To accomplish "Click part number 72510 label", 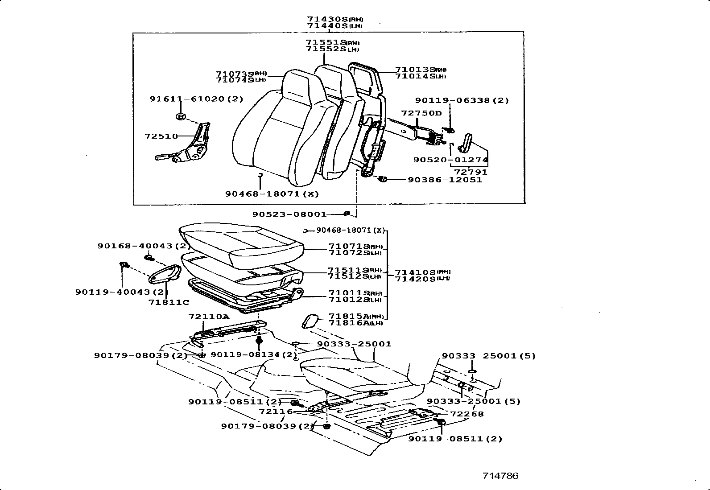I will (x=161, y=136).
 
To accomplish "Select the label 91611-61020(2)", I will (x=196, y=99).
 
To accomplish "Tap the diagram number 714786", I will (x=500, y=476).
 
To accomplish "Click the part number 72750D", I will (x=421, y=113).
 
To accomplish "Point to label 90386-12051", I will (x=445, y=180).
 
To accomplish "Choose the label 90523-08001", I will (x=289, y=214).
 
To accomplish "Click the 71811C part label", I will (x=169, y=302).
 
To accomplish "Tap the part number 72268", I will (x=466, y=414).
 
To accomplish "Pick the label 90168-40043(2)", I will (x=144, y=246).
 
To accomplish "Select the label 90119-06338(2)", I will (x=462, y=101).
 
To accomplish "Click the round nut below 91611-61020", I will (x=181, y=117).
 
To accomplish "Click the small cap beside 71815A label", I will (x=310, y=321).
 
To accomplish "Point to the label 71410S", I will (x=416, y=272).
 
